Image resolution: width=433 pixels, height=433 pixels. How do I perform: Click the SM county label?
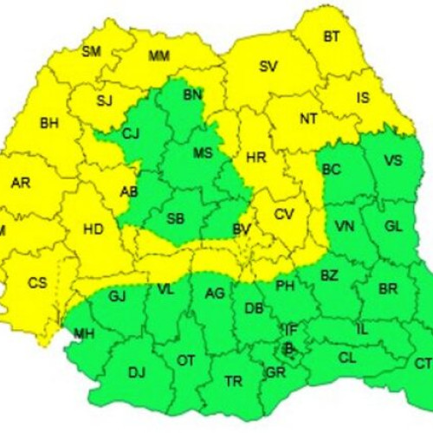(91, 51)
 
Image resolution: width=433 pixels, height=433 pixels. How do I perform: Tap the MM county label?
(158, 57)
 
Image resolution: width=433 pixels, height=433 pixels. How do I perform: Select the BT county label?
(332, 36)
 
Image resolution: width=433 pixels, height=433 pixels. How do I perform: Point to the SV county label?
(268, 66)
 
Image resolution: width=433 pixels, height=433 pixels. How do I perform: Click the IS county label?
(363, 98)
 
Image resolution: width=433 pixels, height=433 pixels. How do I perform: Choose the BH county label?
(48, 124)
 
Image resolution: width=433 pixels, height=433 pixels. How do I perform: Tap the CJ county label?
(131, 133)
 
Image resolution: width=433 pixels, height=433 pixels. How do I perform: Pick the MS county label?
(203, 153)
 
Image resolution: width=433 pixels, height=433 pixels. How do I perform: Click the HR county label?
(256, 158)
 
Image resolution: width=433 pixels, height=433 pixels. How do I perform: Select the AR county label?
(21, 183)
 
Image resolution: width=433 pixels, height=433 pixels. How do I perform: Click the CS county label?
(37, 282)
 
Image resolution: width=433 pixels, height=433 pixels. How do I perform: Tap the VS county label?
(393, 160)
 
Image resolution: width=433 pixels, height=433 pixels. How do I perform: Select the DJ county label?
(137, 372)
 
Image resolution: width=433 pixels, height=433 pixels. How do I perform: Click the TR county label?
(234, 381)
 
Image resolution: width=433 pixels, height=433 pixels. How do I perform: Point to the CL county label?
(347, 357)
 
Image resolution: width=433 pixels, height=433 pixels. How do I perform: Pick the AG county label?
(215, 294)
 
